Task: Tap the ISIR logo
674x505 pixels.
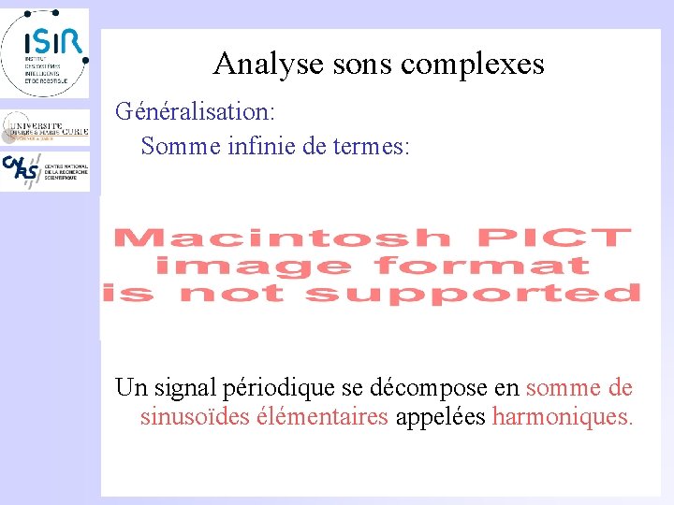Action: click(45, 51)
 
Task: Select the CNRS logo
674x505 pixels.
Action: click(45, 171)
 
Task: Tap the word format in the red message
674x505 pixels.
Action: click(481, 267)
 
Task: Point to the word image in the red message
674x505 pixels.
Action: click(253, 267)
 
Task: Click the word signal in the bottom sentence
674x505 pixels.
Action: click(184, 387)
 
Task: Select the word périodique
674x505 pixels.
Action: click(280, 387)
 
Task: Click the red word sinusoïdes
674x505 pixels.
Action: click(193, 416)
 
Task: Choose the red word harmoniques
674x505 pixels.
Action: click(563, 416)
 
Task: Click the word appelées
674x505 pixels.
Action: click(440, 416)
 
